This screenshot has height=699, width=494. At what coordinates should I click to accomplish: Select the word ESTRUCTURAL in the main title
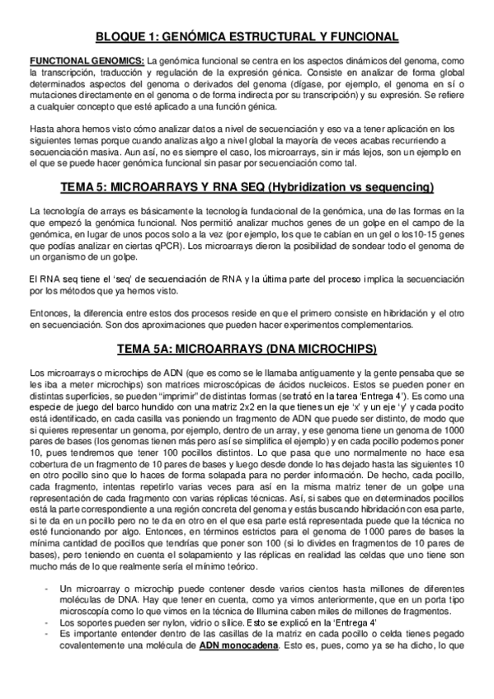tap(276, 36)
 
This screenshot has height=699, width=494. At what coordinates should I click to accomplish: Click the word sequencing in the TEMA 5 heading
tap(400, 185)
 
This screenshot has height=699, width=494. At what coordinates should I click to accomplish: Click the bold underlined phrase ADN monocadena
tap(238, 647)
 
